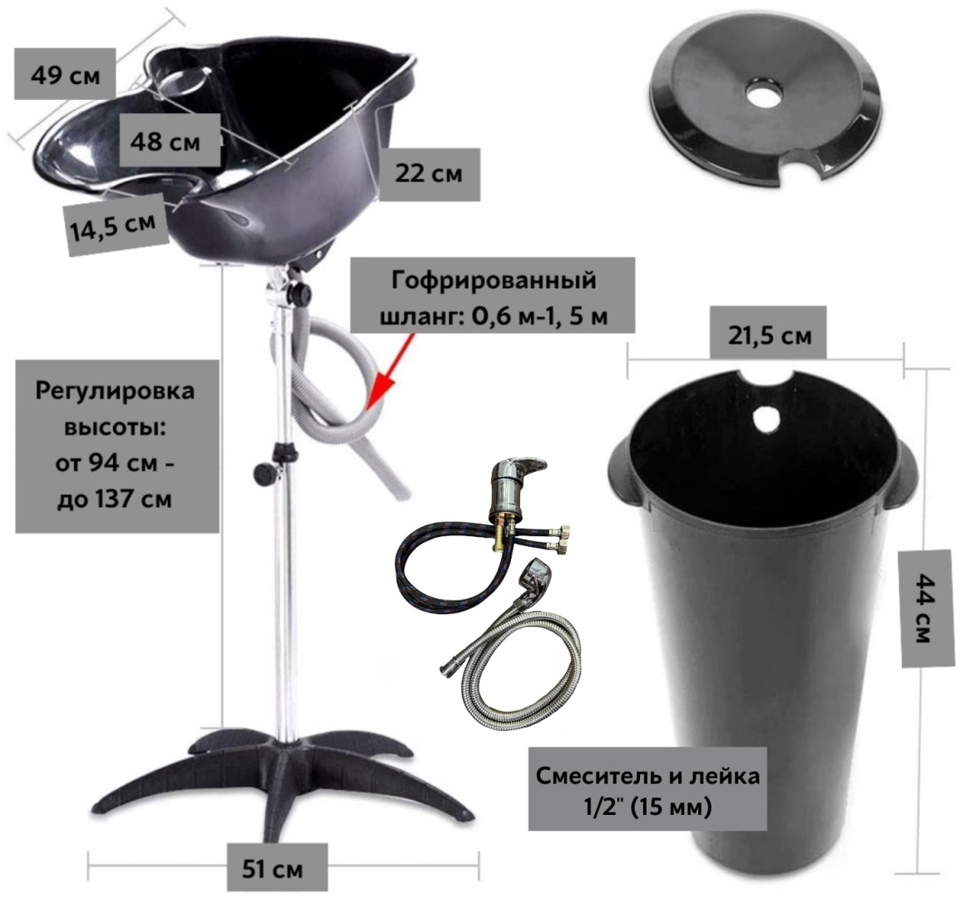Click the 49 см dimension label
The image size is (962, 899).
click(x=65, y=76)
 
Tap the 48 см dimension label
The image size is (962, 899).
click(x=165, y=142)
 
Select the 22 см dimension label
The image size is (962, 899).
click(x=429, y=174)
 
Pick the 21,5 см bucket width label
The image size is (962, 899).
click(x=770, y=335)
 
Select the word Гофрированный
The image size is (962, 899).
click(x=493, y=280)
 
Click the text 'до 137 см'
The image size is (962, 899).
click(x=114, y=499)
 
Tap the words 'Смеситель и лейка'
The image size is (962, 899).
click(x=648, y=776)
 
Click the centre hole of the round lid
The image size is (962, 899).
click(x=765, y=92)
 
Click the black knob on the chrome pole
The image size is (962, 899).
click(x=265, y=474)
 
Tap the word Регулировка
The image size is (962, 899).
click(x=115, y=391)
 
